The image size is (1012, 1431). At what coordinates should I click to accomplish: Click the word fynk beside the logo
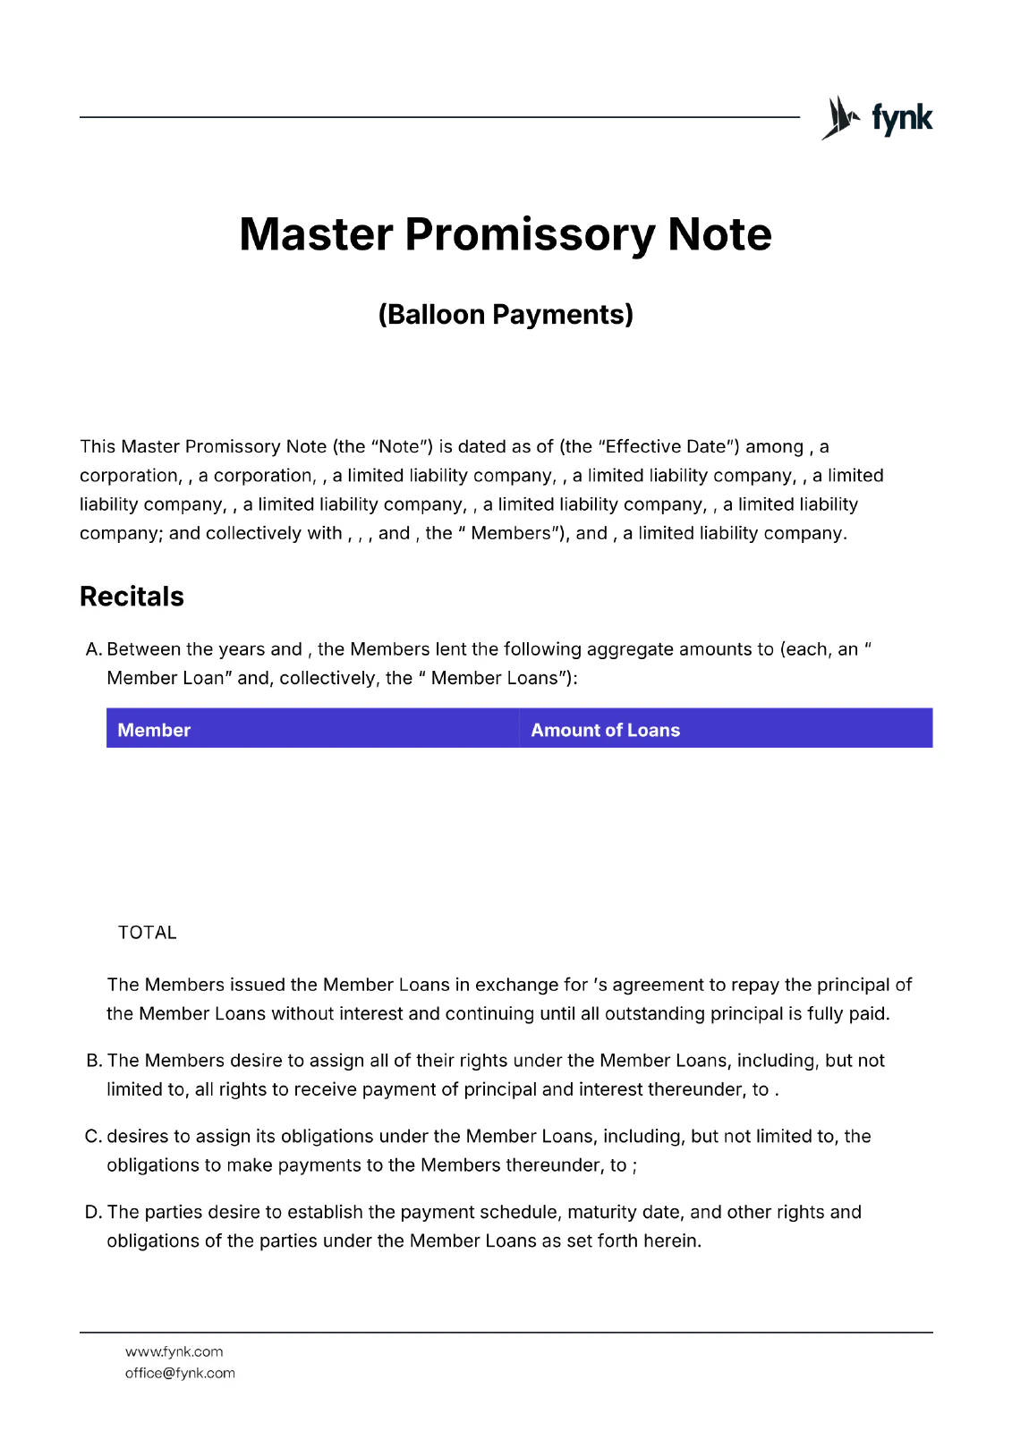902,118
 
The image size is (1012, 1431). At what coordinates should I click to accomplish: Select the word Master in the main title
316,234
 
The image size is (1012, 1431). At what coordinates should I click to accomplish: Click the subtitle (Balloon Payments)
506,315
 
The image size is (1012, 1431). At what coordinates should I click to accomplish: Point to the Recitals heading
132,597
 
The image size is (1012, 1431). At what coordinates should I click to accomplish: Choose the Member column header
154,730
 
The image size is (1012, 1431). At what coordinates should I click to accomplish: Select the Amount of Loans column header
605,730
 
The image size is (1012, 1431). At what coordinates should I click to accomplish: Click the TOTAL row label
147,933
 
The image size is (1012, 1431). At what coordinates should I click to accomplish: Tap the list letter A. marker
93,649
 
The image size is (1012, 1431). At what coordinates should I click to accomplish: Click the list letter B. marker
94,1061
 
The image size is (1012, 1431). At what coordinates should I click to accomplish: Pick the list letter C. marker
93,1137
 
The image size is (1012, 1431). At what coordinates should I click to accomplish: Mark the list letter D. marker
93,1213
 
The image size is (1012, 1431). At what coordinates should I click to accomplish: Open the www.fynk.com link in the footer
174,1352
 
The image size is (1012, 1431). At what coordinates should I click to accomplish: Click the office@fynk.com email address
180,1374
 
